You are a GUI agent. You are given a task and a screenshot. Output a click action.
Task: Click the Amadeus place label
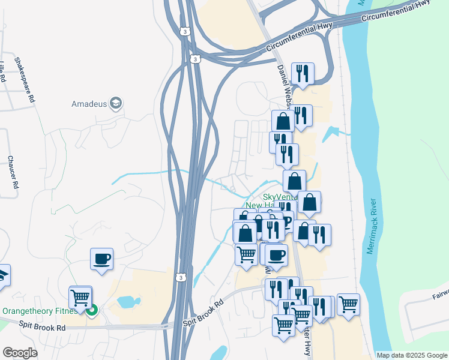pyautogui.click(x=89, y=104)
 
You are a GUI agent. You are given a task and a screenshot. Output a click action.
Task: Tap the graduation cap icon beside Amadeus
pyautogui.click(x=115, y=104)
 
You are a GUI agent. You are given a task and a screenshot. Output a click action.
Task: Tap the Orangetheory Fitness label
pyautogui.click(x=41, y=311)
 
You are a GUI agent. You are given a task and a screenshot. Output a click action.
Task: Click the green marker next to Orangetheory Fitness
pyautogui.click(x=92, y=311)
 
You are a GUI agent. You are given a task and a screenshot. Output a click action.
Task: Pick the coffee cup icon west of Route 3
pyautogui.click(x=101, y=259)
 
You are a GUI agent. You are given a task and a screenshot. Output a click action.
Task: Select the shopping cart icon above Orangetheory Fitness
pyautogui.click(x=80, y=296)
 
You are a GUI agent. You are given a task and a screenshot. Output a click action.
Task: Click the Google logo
pyautogui.click(x=20, y=353)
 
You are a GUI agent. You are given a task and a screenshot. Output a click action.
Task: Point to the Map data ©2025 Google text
pyautogui.click(x=411, y=355)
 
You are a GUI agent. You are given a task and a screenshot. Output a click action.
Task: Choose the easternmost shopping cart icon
pyautogui.click(x=348, y=304)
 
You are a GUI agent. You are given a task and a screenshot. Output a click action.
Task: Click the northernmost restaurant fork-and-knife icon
pyautogui.click(x=303, y=74)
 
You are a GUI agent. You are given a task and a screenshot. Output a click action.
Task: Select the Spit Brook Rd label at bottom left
pyautogui.click(x=43, y=328)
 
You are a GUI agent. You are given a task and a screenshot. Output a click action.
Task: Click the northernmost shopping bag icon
pyautogui.click(x=283, y=121)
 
